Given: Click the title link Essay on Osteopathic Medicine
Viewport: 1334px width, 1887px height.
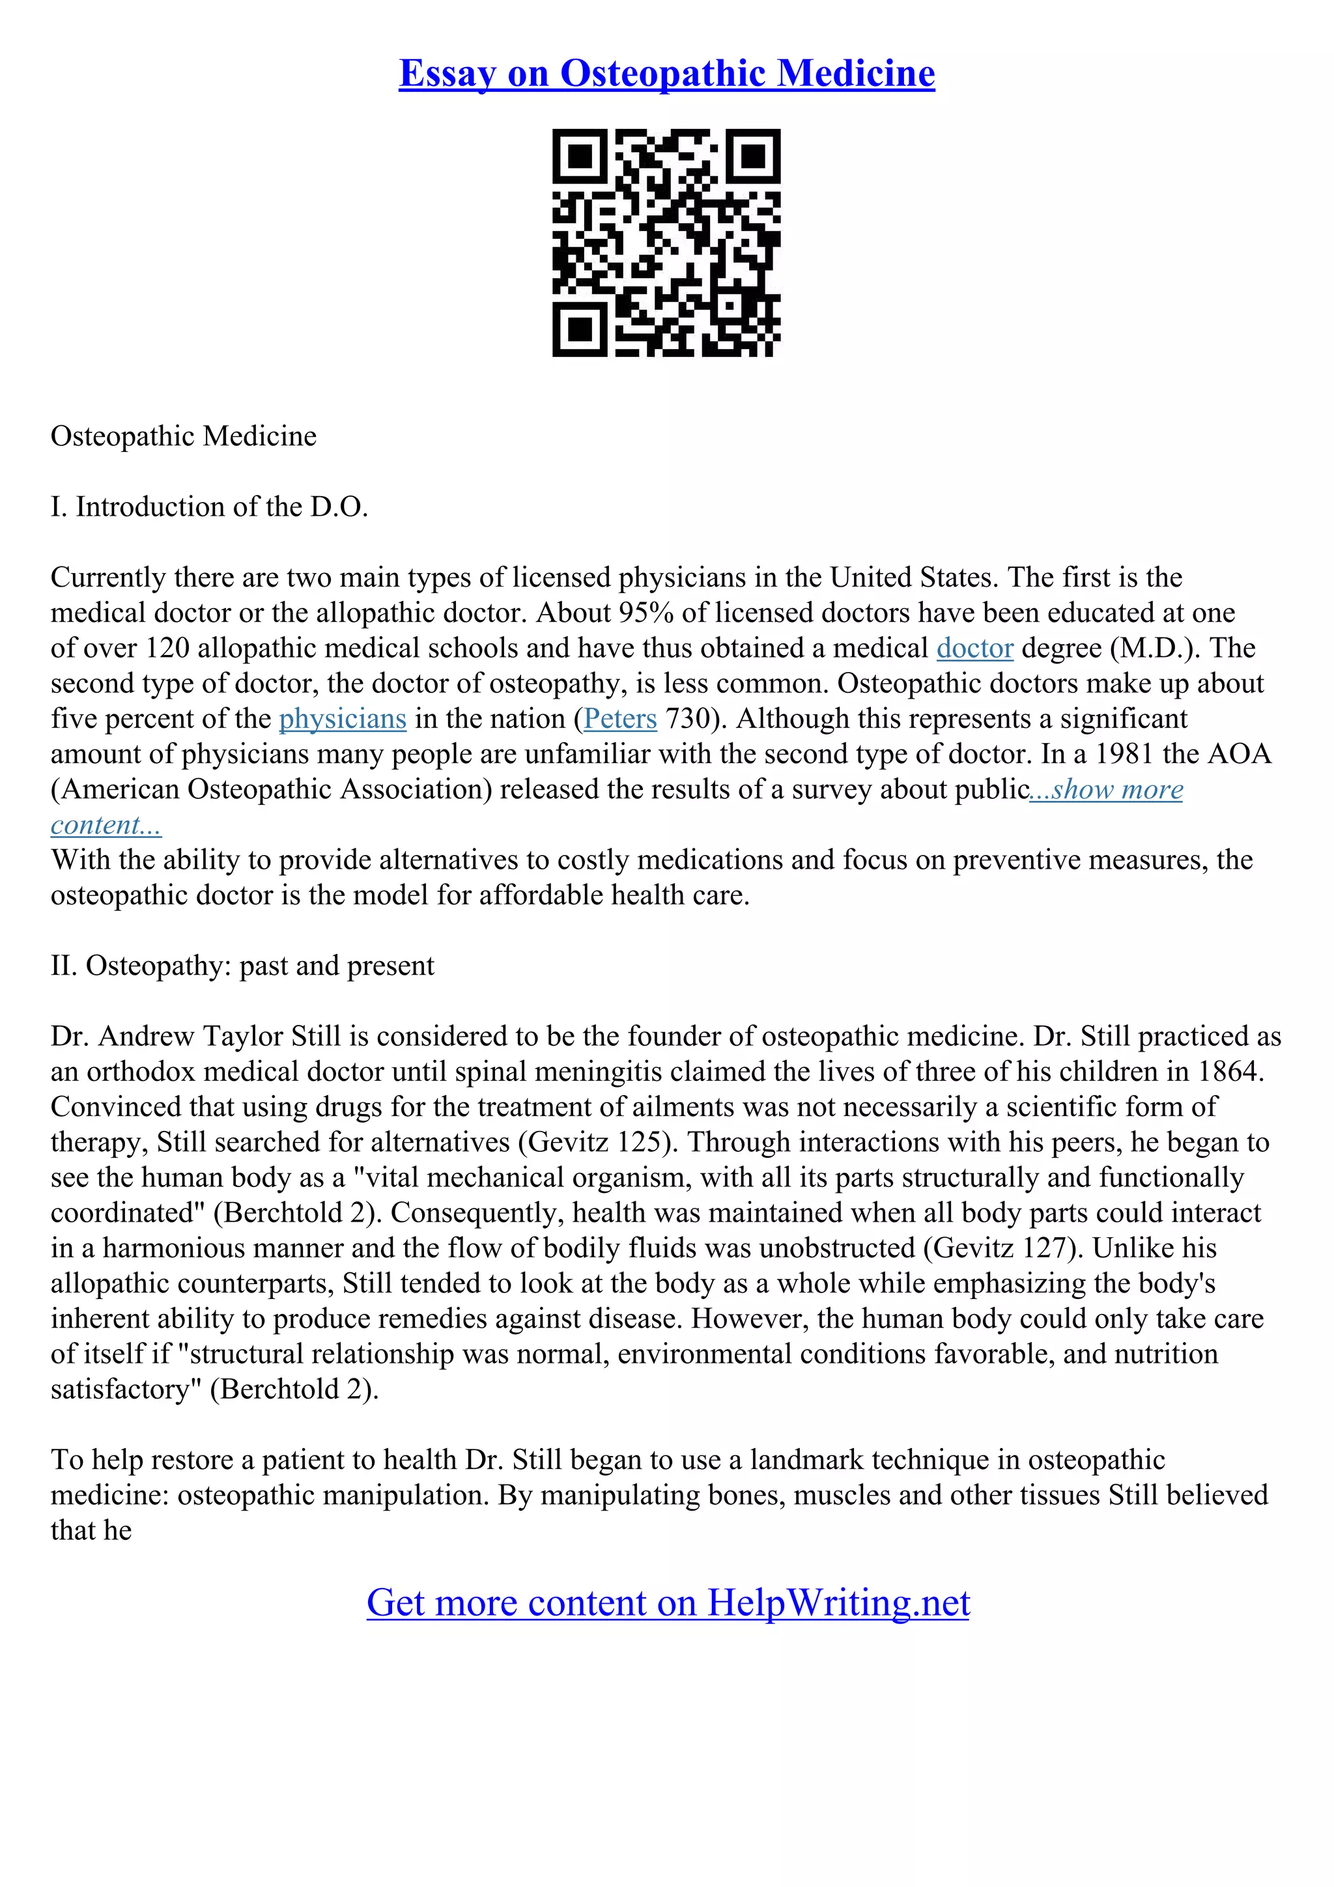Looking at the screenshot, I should (666, 74).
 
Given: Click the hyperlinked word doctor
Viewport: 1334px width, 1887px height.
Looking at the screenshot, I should (975, 649).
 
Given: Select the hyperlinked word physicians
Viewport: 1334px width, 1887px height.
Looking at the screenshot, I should (343, 719).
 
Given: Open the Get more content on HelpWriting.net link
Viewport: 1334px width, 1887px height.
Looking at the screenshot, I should (668, 1602).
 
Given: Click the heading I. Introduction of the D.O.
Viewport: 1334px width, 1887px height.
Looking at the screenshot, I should (210, 507).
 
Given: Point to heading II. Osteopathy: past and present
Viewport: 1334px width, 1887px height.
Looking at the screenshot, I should (242, 966).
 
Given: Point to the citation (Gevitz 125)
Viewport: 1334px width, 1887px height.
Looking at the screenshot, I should (597, 1142).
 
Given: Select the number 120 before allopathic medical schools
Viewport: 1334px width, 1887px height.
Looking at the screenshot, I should (167, 649).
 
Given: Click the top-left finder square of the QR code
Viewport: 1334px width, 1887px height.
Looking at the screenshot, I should (580, 156).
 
